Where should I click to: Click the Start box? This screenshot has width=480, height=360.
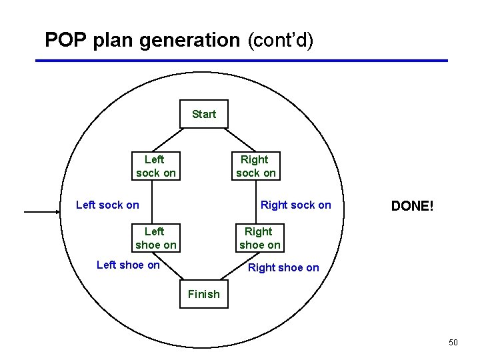click(x=204, y=114)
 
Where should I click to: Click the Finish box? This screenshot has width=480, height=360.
click(x=204, y=294)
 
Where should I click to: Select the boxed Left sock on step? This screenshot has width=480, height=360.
click(x=155, y=166)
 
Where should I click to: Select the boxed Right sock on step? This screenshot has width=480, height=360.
click(x=255, y=166)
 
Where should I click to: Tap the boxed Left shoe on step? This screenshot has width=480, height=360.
click(x=155, y=238)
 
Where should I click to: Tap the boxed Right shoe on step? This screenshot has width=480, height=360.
click(x=259, y=238)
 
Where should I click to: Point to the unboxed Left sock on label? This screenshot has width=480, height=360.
click(x=107, y=205)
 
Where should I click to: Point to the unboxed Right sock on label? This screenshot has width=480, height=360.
click(x=295, y=205)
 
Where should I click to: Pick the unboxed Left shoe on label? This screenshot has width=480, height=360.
click(x=128, y=265)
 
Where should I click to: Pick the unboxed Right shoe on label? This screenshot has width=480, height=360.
click(x=283, y=268)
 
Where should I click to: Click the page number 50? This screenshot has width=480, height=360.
click(x=453, y=343)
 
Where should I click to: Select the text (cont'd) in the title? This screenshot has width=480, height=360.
click(x=279, y=40)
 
